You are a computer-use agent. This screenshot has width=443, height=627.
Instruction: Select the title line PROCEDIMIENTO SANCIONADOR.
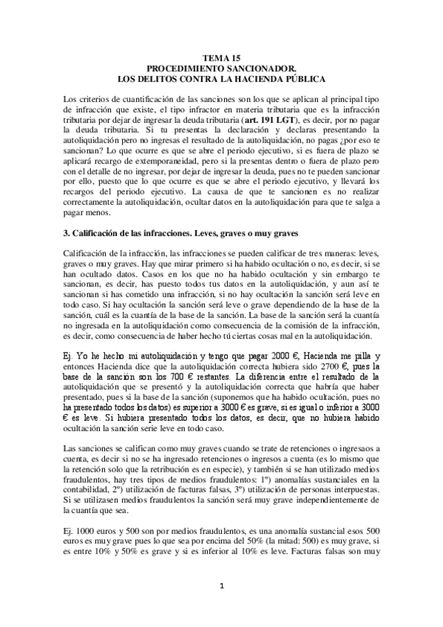tap(221, 67)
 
